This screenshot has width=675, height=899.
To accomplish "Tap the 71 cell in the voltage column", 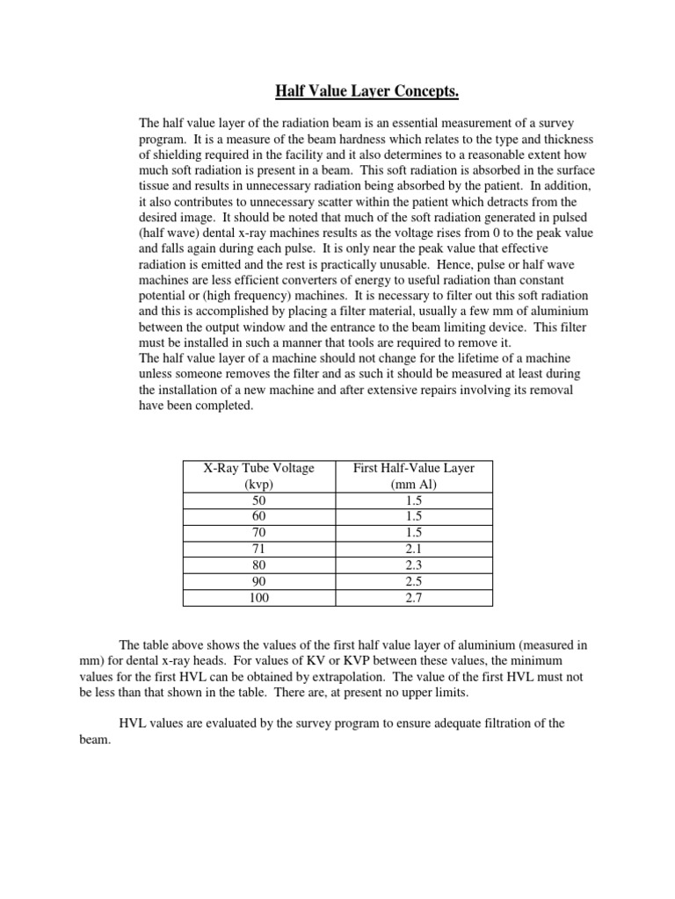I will tap(259, 550).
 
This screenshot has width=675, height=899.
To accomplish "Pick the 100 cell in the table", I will tap(259, 598).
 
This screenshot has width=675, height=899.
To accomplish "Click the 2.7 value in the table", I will tap(415, 598).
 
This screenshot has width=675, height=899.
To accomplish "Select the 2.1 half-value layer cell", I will tap(415, 550).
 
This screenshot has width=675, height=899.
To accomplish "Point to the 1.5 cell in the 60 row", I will tap(415, 517).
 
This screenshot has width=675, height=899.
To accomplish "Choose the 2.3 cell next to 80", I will tap(415, 565).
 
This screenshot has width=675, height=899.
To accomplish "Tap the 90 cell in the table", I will tap(259, 582).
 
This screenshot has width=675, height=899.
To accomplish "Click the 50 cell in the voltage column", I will tap(259, 501).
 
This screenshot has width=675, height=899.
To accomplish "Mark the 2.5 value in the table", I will tap(415, 582).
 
